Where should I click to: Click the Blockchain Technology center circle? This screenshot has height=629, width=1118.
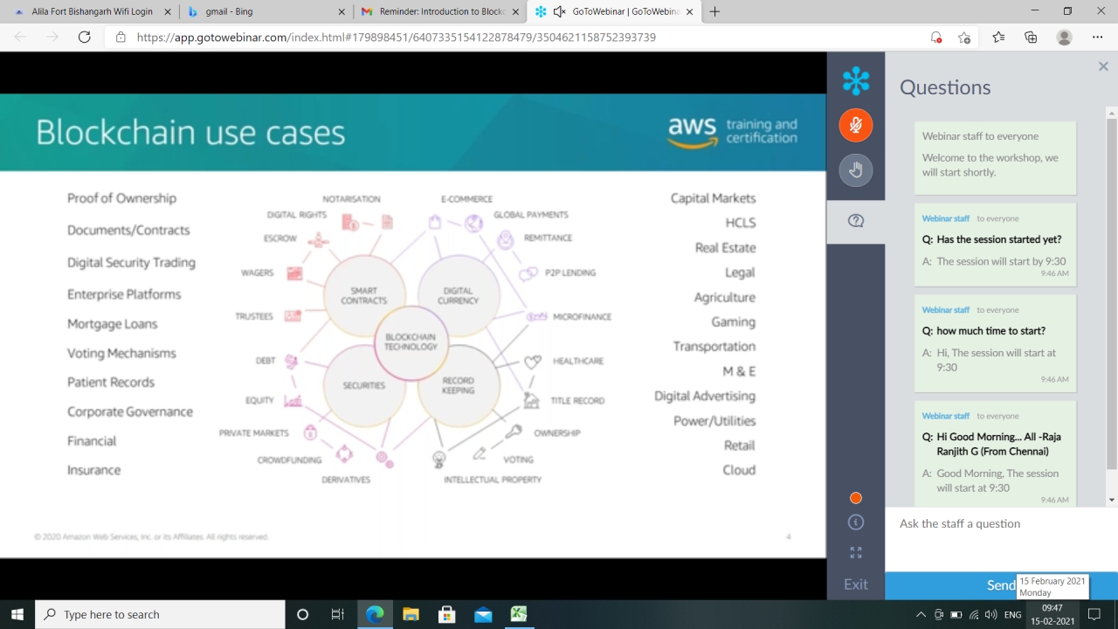click(x=411, y=342)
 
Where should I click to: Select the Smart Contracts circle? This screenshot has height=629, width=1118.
click(x=364, y=295)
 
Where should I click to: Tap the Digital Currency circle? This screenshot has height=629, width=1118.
click(x=458, y=295)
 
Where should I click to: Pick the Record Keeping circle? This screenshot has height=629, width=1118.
click(x=458, y=385)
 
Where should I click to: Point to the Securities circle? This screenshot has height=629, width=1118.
click(x=364, y=385)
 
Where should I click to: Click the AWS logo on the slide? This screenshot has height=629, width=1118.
click(x=692, y=132)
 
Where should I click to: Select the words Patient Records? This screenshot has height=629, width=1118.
click(x=111, y=383)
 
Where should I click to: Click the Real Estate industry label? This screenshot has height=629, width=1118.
click(x=725, y=248)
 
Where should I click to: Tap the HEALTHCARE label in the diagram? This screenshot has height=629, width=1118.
click(x=577, y=361)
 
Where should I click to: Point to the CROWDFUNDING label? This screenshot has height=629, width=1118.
click(x=289, y=460)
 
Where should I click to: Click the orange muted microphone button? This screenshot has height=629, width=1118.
click(x=856, y=125)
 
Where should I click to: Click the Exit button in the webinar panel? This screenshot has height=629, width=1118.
click(x=856, y=584)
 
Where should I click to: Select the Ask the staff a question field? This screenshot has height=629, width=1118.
click(x=996, y=524)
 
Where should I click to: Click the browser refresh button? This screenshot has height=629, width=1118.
click(x=85, y=38)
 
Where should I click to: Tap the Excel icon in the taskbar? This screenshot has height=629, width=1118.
click(x=520, y=614)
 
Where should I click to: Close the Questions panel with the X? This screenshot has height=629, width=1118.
click(x=1103, y=66)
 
